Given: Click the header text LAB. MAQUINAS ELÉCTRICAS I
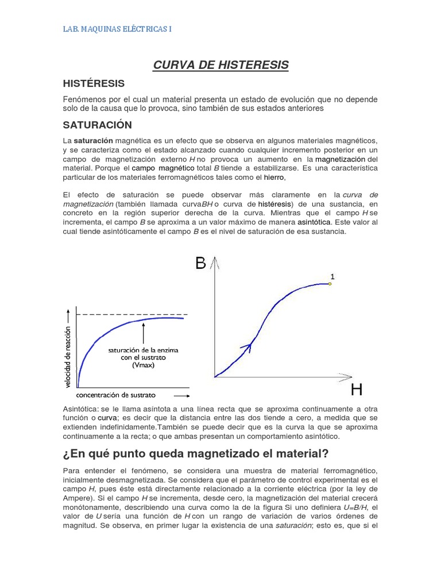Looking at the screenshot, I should [x=117, y=28].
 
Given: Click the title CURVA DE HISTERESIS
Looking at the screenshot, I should [x=220, y=65].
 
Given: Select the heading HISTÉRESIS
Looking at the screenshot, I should [x=94, y=84].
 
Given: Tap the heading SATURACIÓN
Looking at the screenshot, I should [x=97, y=125].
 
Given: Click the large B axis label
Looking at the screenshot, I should [x=200, y=263].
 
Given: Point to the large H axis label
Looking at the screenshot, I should [x=356, y=390].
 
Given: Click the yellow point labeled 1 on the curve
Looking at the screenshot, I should [x=330, y=284].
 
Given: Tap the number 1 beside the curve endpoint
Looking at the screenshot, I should [x=332, y=276].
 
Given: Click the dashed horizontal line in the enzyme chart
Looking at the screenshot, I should [x=132, y=314].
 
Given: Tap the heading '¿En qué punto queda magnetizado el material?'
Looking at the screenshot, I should [x=195, y=454].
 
